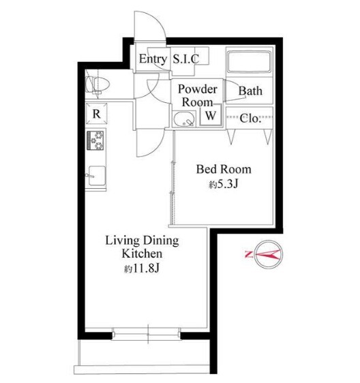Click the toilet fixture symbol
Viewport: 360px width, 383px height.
click(97, 85)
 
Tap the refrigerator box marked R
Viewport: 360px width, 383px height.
click(97, 114)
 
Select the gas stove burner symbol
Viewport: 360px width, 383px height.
click(95, 140)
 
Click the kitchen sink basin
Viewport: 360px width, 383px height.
click(97, 176)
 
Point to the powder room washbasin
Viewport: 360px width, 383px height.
click(184, 119)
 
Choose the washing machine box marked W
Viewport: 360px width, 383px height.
click(211, 114)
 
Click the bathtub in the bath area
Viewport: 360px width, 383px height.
click(249, 61)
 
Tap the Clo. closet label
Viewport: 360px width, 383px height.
click(249, 119)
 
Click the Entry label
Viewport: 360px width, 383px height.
click(153, 59)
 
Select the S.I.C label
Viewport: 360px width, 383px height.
click(186, 59)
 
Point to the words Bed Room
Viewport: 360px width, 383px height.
click(224, 169)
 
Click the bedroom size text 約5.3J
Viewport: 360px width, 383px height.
click(224, 184)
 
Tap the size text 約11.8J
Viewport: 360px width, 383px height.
click(142, 269)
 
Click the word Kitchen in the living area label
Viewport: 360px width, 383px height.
click(142, 254)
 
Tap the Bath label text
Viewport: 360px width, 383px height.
click(250, 91)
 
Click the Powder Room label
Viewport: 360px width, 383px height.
click(198, 95)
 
